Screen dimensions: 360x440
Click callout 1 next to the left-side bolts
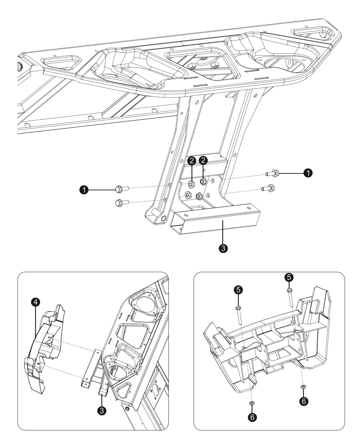tap(84, 190)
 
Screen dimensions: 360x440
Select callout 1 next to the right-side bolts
tap(308, 173)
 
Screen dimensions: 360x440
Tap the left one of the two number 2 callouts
tap(192, 160)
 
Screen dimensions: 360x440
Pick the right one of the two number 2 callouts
tap(203, 160)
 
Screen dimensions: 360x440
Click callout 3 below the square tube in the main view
tap(223, 248)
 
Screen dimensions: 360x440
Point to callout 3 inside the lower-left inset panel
tap(102, 411)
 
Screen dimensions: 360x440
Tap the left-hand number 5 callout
tap(238, 290)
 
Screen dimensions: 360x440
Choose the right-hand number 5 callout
tap(289, 277)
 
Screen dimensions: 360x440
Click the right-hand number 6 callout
tap(304, 401)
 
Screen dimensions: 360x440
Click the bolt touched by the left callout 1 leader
tap(122, 189)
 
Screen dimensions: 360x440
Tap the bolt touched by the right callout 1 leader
tap(272, 173)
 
